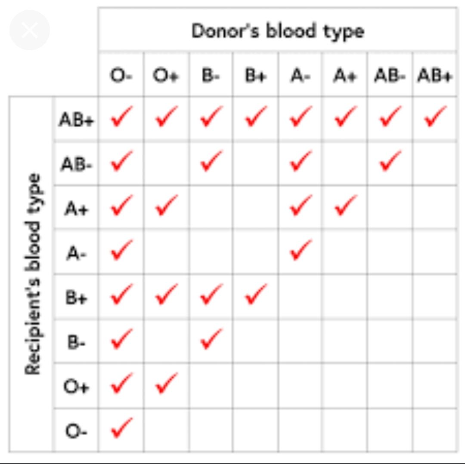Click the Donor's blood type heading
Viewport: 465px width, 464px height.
click(278, 31)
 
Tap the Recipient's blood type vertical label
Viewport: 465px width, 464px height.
click(32, 274)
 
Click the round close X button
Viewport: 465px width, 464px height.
click(29, 30)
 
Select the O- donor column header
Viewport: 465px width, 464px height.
click(121, 75)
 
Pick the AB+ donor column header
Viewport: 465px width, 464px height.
click(434, 75)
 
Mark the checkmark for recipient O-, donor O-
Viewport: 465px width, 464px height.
click(121, 427)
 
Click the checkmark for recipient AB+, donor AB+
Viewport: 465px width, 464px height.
click(435, 116)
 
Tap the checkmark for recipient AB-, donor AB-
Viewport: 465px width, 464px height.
click(390, 161)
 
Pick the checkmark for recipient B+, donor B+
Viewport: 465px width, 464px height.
click(256, 294)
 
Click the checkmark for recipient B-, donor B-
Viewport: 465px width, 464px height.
click(211, 339)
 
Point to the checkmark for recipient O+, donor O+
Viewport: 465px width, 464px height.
click(167, 383)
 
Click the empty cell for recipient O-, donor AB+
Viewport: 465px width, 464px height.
click(435, 430)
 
